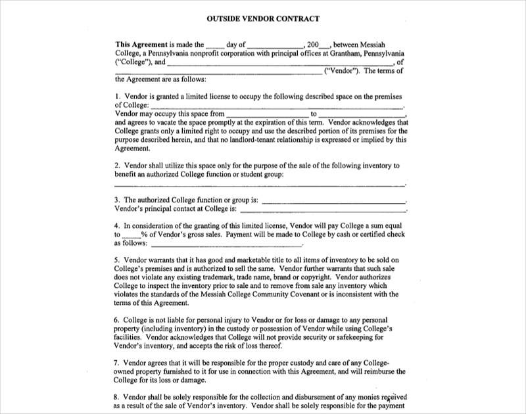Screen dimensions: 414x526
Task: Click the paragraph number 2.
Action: click(x=117, y=166)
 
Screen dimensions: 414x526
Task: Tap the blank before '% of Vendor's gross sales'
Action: click(x=131, y=234)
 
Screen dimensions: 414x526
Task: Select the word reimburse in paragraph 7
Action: click(x=377, y=371)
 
